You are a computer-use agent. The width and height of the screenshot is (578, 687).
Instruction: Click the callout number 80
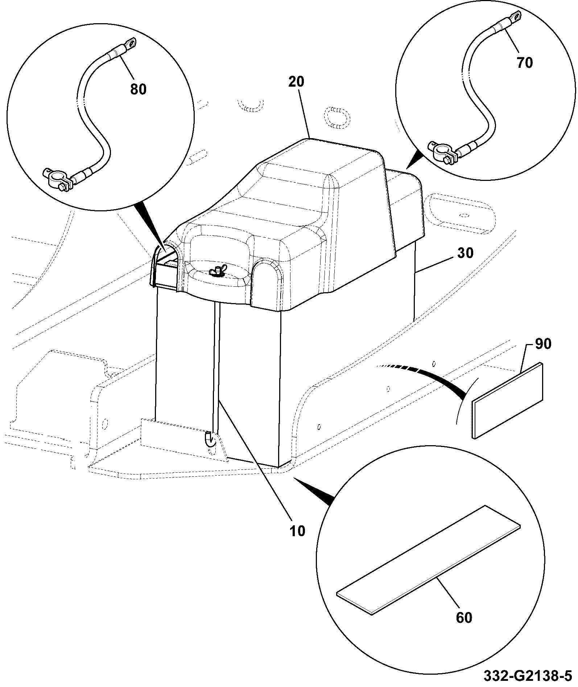pos(138,89)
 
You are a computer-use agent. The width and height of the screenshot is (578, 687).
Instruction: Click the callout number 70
pos(524,63)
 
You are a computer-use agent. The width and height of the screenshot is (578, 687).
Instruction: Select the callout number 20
pos(297,82)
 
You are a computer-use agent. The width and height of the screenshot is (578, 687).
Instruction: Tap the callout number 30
pos(465,253)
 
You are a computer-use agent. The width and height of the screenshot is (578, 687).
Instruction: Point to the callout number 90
pos(543,344)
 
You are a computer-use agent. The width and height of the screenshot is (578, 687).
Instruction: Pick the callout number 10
pos(297,532)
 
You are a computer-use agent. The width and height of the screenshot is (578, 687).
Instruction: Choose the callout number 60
pos(464,617)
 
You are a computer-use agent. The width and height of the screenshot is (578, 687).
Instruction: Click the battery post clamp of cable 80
pos(57,180)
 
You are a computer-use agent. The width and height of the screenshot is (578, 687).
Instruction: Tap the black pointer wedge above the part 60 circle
pos(314,491)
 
